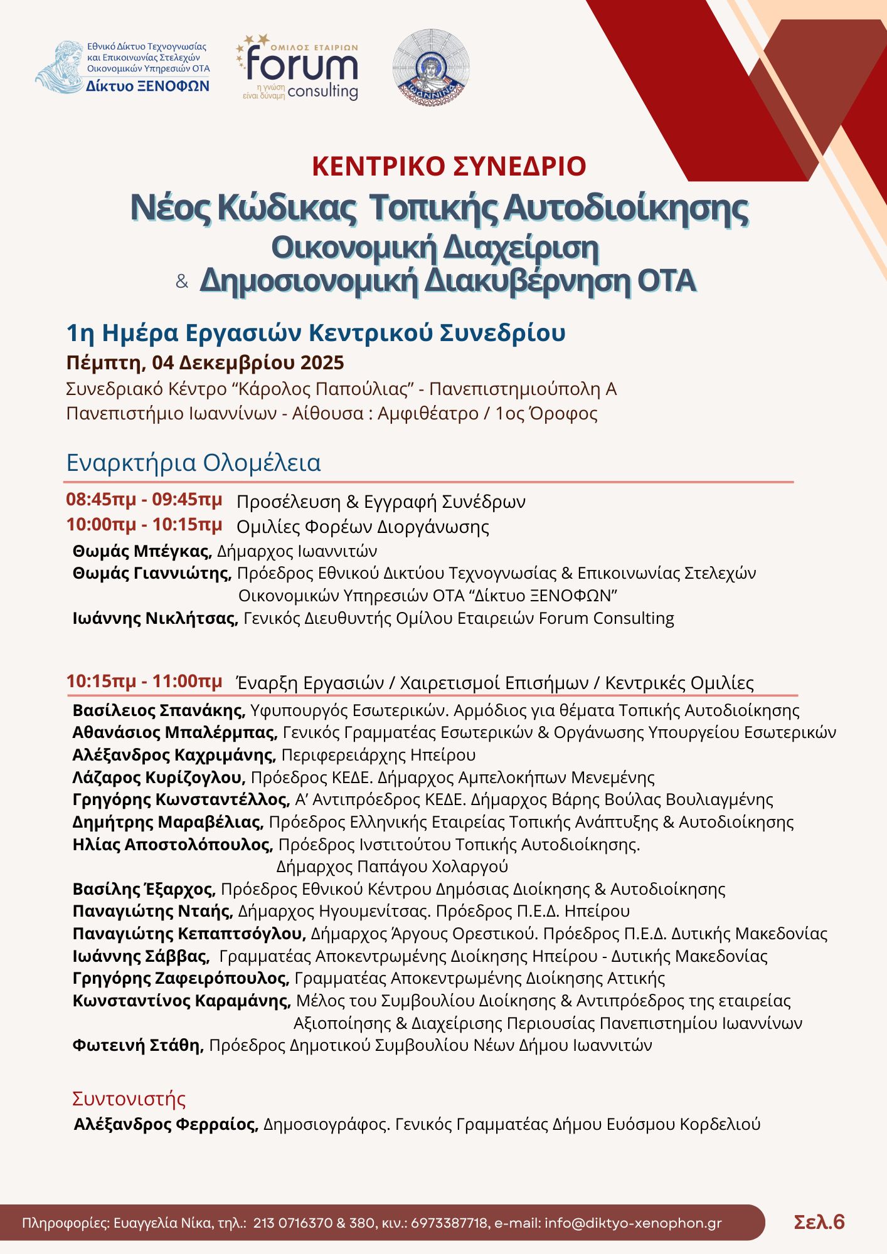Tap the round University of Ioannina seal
tap(431, 66)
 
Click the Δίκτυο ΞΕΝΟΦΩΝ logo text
tap(148, 87)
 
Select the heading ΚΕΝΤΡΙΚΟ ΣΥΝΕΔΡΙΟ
tap(449, 166)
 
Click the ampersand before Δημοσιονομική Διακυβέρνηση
tap(182, 282)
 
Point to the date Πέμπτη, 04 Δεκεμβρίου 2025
tap(205, 363)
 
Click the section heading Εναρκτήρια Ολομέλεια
tap(194, 463)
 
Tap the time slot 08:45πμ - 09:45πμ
tap(144, 500)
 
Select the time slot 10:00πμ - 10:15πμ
tap(144, 524)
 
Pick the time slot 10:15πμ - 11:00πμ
tap(144, 682)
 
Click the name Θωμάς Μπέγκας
tap(141, 551)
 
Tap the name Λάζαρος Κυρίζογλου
tap(159, 777)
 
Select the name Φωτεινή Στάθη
tap(138, 1045)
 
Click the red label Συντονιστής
tap(129, 1099)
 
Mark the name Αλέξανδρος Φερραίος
tap(166, 1124)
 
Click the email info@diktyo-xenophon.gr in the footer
tap(633, 1223)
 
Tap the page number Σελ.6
tap(819, 1222)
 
